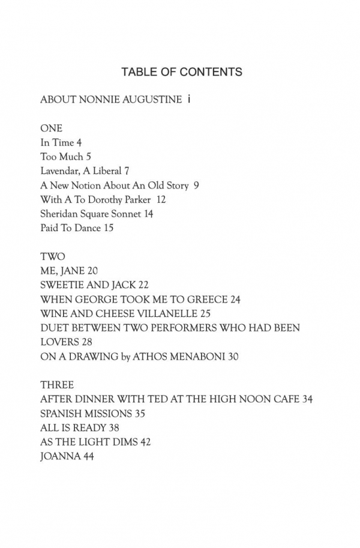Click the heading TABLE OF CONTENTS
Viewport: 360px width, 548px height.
click(181, 72)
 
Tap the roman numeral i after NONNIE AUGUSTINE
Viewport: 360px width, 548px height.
click(189, 100)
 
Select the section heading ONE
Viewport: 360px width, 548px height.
click(51, 128)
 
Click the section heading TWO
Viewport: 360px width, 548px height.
click(52, 256)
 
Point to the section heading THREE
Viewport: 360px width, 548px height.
click(57, 385)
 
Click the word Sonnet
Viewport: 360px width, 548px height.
click(124, 214)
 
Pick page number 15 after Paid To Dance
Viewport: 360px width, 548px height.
click(108, 228)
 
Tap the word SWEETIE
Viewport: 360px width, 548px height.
click(62, 285)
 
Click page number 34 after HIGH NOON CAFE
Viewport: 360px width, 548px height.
click(307, 399)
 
